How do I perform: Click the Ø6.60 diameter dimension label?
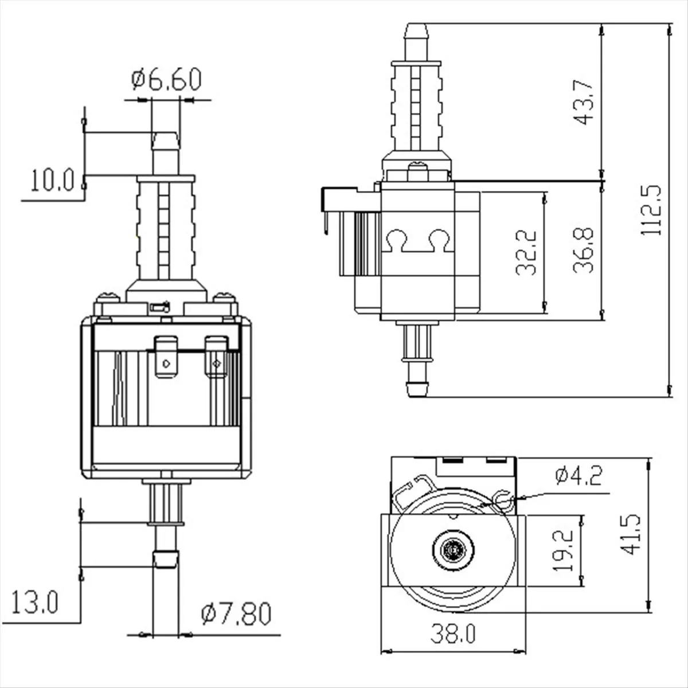[x=166, y=80]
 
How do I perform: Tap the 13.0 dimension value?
[x=35, y=603]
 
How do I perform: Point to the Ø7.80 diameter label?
[x=236, y=614]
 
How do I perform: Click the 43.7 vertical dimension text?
[x=584, y=101]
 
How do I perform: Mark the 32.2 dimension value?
[x=526, y=253]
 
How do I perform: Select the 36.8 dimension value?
[x=583, y=251]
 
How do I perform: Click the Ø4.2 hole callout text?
[x=578, y=475]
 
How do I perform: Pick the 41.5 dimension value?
[x=631, y=534]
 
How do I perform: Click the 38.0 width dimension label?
[x=453, y=634]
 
